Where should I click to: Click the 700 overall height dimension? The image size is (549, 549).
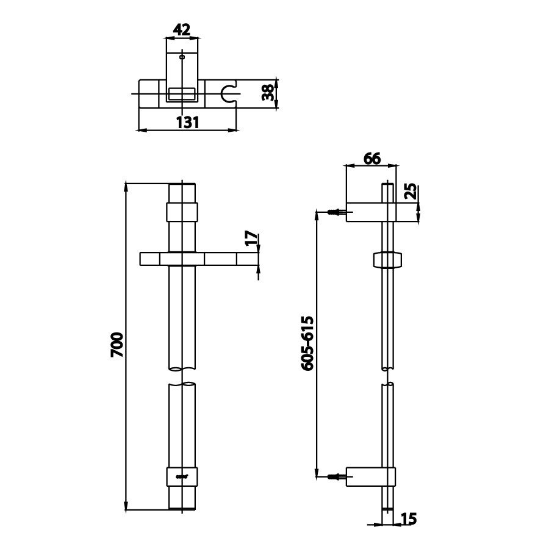(118, 345)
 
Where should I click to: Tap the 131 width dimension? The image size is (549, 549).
(188, 122)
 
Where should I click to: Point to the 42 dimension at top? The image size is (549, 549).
(182, 29)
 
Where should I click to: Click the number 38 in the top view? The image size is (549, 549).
(267, 93)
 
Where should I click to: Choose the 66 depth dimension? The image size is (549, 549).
(371, 159)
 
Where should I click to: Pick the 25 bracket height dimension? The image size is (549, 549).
(411, 192)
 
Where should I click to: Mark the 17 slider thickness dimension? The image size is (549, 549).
(251, 239)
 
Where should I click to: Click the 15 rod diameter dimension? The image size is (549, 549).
(409, 519)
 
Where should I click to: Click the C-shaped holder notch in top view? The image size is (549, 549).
(229, 93)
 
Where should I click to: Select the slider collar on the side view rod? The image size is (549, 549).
(387, 259)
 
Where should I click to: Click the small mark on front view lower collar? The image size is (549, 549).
(182, 476)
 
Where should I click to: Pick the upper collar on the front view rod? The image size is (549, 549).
(182, 212)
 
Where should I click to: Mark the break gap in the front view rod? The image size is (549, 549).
(182, 376)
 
